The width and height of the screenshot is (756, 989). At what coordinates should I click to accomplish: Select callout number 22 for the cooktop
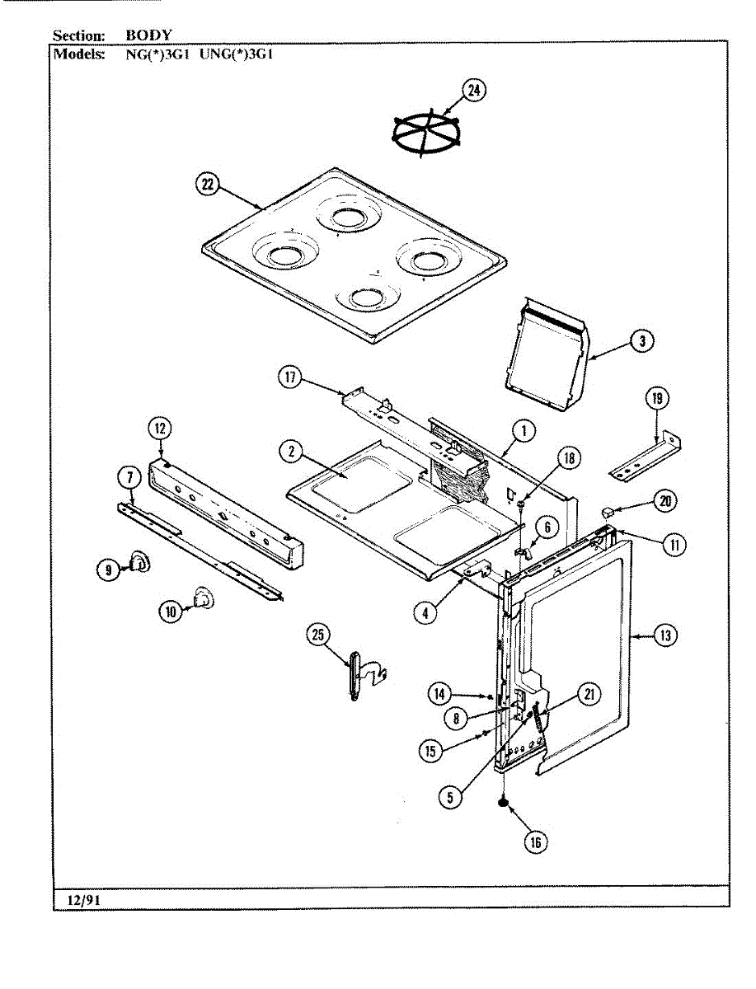pyautogui.click(x=206, y=185)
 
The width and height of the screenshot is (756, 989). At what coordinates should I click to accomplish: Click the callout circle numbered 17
pyautogui.click(x=289, y=378)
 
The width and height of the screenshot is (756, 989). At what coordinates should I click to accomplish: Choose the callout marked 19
pyautogui.click(x=656, y=400)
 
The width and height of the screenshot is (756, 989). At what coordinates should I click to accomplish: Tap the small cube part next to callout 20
pyautogui.click(x=608, y=512)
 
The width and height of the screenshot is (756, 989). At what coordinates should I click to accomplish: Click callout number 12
pyautogui.click(x=159, y=428)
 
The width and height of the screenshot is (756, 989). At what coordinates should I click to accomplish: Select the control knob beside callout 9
pyautogui.click(x=137, y=564)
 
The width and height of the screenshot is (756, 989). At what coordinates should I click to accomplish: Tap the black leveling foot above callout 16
pyautogui.click(x=502, y=803)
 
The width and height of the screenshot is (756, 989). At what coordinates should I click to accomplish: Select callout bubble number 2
pyautogui.click(x=289, y=451)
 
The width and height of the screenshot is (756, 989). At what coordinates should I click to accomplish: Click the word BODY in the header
pyautogui.click(x=148, y=35)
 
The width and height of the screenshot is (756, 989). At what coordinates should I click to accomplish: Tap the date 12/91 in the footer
pyautogui.click(x=77, y=900)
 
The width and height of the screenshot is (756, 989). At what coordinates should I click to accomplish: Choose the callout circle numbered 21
pyautogui.click(x=589, y=694)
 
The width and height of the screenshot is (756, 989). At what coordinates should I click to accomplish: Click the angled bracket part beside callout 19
pyautogui.click(x=647, y=458)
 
